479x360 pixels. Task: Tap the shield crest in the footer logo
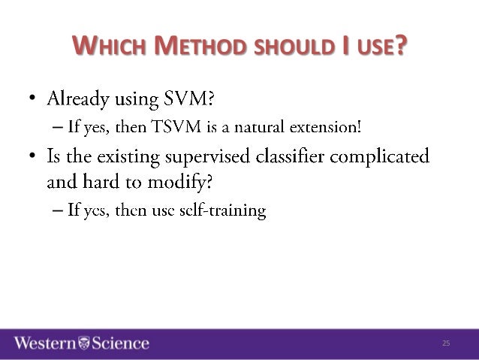pos(84,343)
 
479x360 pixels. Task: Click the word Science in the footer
pos(120,343)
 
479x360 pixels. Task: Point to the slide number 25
pos(445,343)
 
